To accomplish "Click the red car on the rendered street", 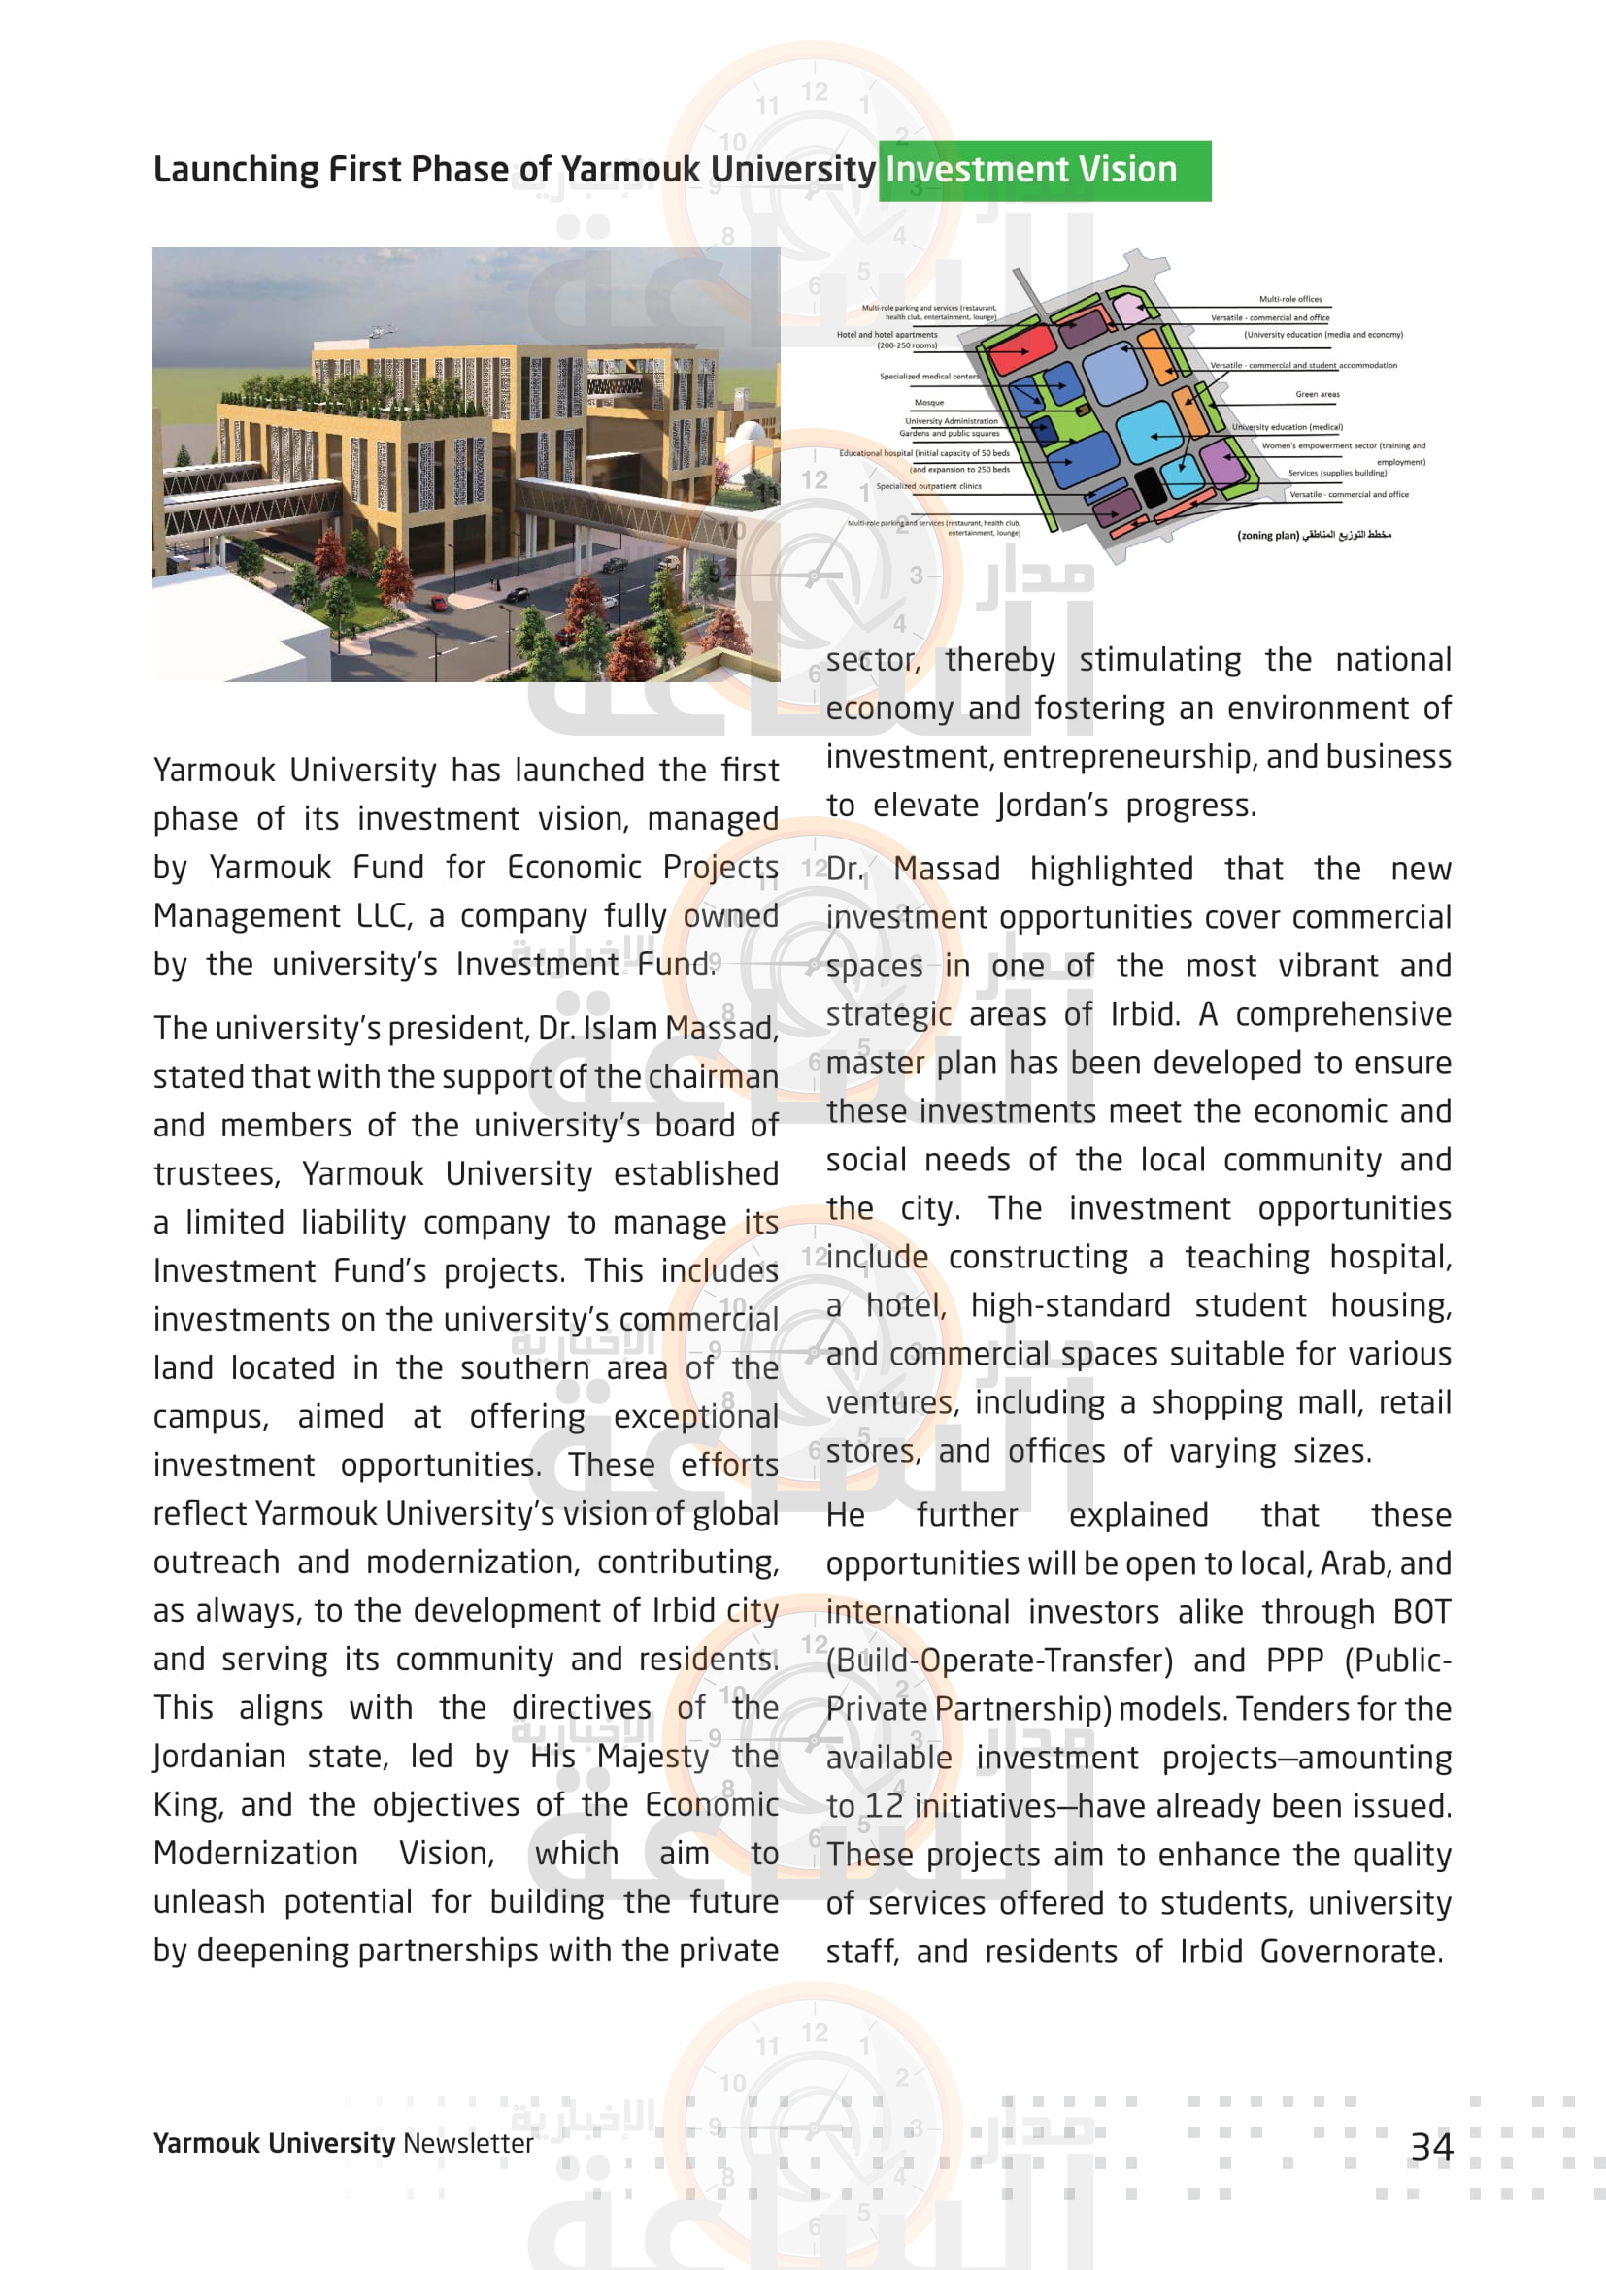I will click(437, 602).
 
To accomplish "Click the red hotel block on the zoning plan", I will click(1022, 348).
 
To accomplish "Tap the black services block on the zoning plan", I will click(1148, 486).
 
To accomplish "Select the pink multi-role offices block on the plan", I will click(1128, 309).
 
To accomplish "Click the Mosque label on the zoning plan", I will click(928, 403).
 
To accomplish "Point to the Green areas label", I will click(1318, 394).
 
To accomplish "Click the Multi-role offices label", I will click(1289, 299).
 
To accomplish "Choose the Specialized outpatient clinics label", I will click(928, 486).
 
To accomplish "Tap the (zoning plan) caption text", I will click(1267, 536).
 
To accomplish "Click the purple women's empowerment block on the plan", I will click(1222, 463).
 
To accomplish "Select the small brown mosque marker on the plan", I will click(1083, 409).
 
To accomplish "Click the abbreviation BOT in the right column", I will click(1422, 1612).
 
